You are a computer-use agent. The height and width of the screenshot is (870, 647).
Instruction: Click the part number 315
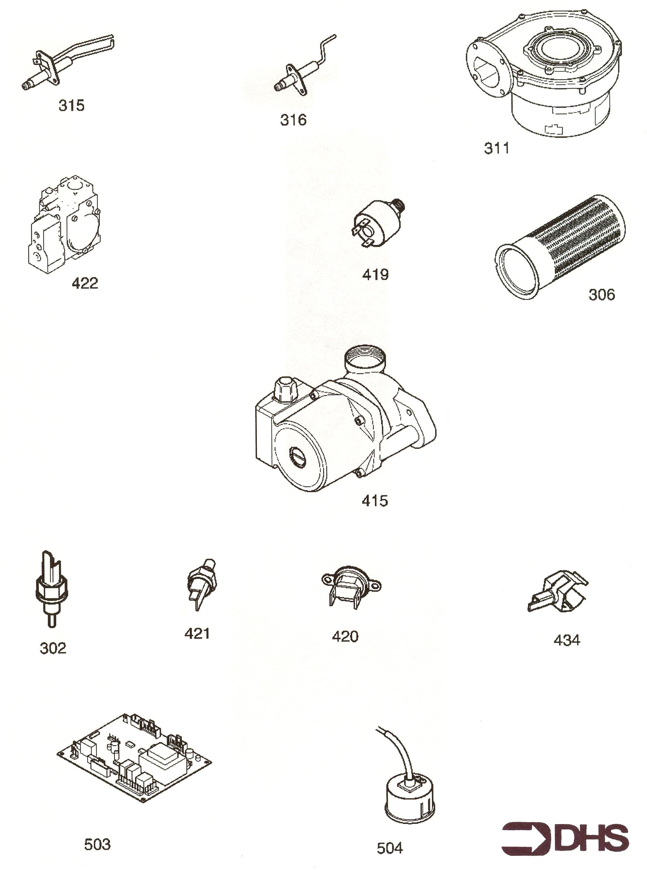click(71, 105)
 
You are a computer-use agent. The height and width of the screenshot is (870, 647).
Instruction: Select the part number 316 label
click(293, 120)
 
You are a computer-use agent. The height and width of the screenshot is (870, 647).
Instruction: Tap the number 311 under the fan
click(497, 148)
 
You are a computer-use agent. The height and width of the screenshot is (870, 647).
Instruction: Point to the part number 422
click(84, 283)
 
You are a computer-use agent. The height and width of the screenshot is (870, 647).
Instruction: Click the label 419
click(375, 275)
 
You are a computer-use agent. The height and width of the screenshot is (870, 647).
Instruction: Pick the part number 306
click(602, 295)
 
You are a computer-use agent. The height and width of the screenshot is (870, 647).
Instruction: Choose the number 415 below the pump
click(375, 501)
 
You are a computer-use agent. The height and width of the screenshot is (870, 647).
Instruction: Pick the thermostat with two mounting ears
click(351, 587)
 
